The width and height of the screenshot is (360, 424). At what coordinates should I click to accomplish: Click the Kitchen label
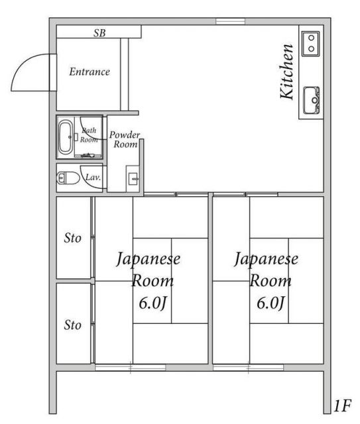287,72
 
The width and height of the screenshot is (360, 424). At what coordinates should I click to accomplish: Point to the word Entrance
90,72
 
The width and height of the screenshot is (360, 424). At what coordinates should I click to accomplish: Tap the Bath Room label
90,136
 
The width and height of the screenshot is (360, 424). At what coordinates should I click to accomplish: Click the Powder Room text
124,140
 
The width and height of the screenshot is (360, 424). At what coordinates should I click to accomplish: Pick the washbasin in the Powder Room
133,178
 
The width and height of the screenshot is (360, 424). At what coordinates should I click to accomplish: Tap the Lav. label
93,178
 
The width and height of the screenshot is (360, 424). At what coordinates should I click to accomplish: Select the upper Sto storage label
72,238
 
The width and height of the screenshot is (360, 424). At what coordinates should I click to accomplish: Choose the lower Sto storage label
72,325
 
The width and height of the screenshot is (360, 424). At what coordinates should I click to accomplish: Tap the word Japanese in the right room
267,258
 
